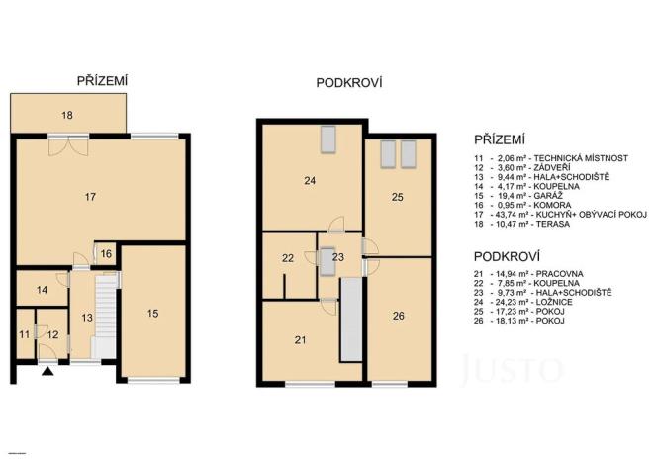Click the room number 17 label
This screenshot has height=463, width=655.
pyautogui.click(x=90, y=198)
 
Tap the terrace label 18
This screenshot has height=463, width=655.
pyautogui.click(x=66, y=116)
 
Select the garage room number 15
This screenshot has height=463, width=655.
pyautogui.click(x=152, y=314)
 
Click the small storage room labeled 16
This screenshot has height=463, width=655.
pyautogui.click(x=105, y=254)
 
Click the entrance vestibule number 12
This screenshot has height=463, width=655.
pyautogui.click(x=52, y=334)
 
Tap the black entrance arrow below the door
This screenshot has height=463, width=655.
pyautogui.click(x=47, y=372)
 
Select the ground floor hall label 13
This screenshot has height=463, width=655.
pyautogui.click(x=86, y=318)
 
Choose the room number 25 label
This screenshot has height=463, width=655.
pyautogui.click(x=397, y=198)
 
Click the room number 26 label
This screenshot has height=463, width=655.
pyautogui.click(x=397, y=317)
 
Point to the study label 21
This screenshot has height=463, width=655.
pyautogui.click(x=300, y=339)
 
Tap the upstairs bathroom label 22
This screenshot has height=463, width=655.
pyautogui.click(x=288, y=258)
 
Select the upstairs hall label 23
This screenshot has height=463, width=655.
pyautogui.click(x=339, y=256)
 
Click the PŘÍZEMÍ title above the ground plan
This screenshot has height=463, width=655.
pyautogui.click(x=104, y=79)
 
